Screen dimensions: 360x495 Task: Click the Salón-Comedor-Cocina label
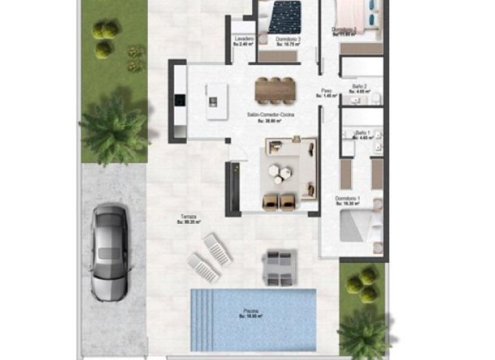click(x=271, y=115)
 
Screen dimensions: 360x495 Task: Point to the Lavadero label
click(x=244, y=40)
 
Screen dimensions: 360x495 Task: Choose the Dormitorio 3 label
click(x=287, y=40)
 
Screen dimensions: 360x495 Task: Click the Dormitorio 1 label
click(x=347, y=200)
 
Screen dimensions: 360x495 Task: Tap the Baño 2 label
click(x=360, y=87)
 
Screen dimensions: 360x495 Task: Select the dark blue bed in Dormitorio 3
click(x=284, y=17)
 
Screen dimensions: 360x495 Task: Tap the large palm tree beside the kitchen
click(x=114, y=128)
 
